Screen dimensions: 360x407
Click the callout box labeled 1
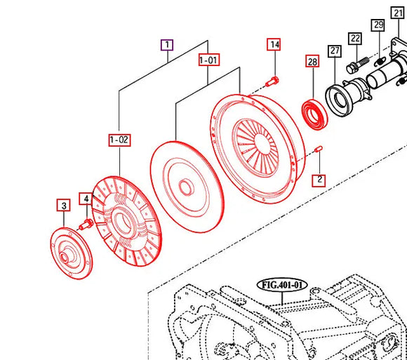(x=166, y=46)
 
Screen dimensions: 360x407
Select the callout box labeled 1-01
(x=209, y=60)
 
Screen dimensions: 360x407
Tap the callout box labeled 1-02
(x=119, y=140)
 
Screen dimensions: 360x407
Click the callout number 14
(x=274, y=45)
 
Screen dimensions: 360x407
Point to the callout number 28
(x=312, y=62)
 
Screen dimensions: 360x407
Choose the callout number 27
(x=334, y=51)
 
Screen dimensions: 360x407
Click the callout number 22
(x=355, y=39)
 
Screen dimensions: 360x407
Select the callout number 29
(x=378, y=25)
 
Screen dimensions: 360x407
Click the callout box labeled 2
(x=319, y=180)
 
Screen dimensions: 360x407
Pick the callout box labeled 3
(x=63, y=206)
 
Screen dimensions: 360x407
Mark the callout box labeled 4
(x=86, y=199)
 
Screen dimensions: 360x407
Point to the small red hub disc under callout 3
(x=72, y=251)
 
